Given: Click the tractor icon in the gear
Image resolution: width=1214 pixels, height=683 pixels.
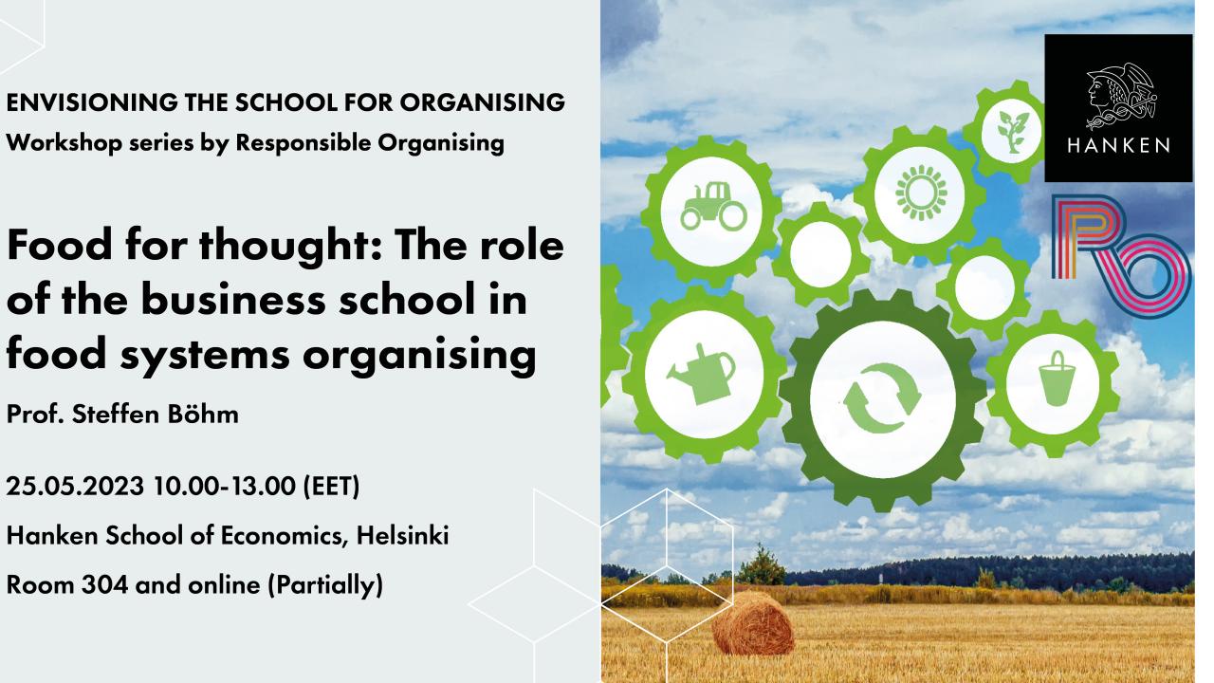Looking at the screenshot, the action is [x=713, y=207].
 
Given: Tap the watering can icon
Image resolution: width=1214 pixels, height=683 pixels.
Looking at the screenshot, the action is [x=701, y=374].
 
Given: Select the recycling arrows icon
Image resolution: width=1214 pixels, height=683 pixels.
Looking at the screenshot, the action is [x=882, y=398].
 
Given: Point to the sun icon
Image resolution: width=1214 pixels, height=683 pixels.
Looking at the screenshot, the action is [x=921, y=193].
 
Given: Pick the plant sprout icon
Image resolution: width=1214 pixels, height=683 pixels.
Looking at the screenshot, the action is [x=1012, y=132].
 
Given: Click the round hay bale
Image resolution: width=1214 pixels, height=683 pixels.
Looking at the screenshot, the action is [x=753, y=623].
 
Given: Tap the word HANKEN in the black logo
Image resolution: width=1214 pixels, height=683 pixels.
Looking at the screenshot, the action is [x=1118, y=145].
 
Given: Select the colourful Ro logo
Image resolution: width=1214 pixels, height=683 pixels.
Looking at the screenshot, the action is [x=1121, y=256].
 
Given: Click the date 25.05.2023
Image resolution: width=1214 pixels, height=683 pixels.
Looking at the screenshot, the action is [x=75, y=486].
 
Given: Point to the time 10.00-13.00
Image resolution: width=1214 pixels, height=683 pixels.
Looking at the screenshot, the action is [x=225, y=486].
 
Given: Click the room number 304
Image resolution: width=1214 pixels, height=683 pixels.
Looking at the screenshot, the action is [x=104, y=585].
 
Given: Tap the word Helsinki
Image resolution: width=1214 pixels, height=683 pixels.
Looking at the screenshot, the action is [x=402, y=536].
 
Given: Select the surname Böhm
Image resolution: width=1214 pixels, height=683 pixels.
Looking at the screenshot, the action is [x=203, y=415].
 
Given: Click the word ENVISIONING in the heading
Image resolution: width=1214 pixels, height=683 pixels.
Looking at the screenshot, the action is [x=92, y=102].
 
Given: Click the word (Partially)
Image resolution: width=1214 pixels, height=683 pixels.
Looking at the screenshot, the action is [x=325, y=586].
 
